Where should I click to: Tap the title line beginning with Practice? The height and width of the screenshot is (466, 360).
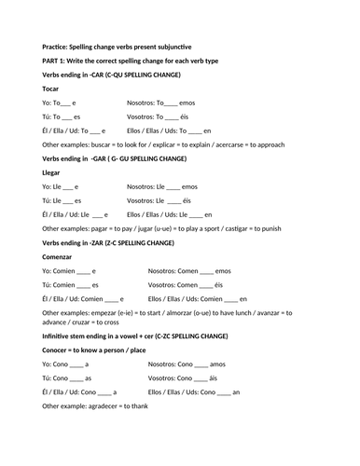(x=130, y=46)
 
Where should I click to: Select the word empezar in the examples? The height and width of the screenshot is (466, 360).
(x=107, y=312)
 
